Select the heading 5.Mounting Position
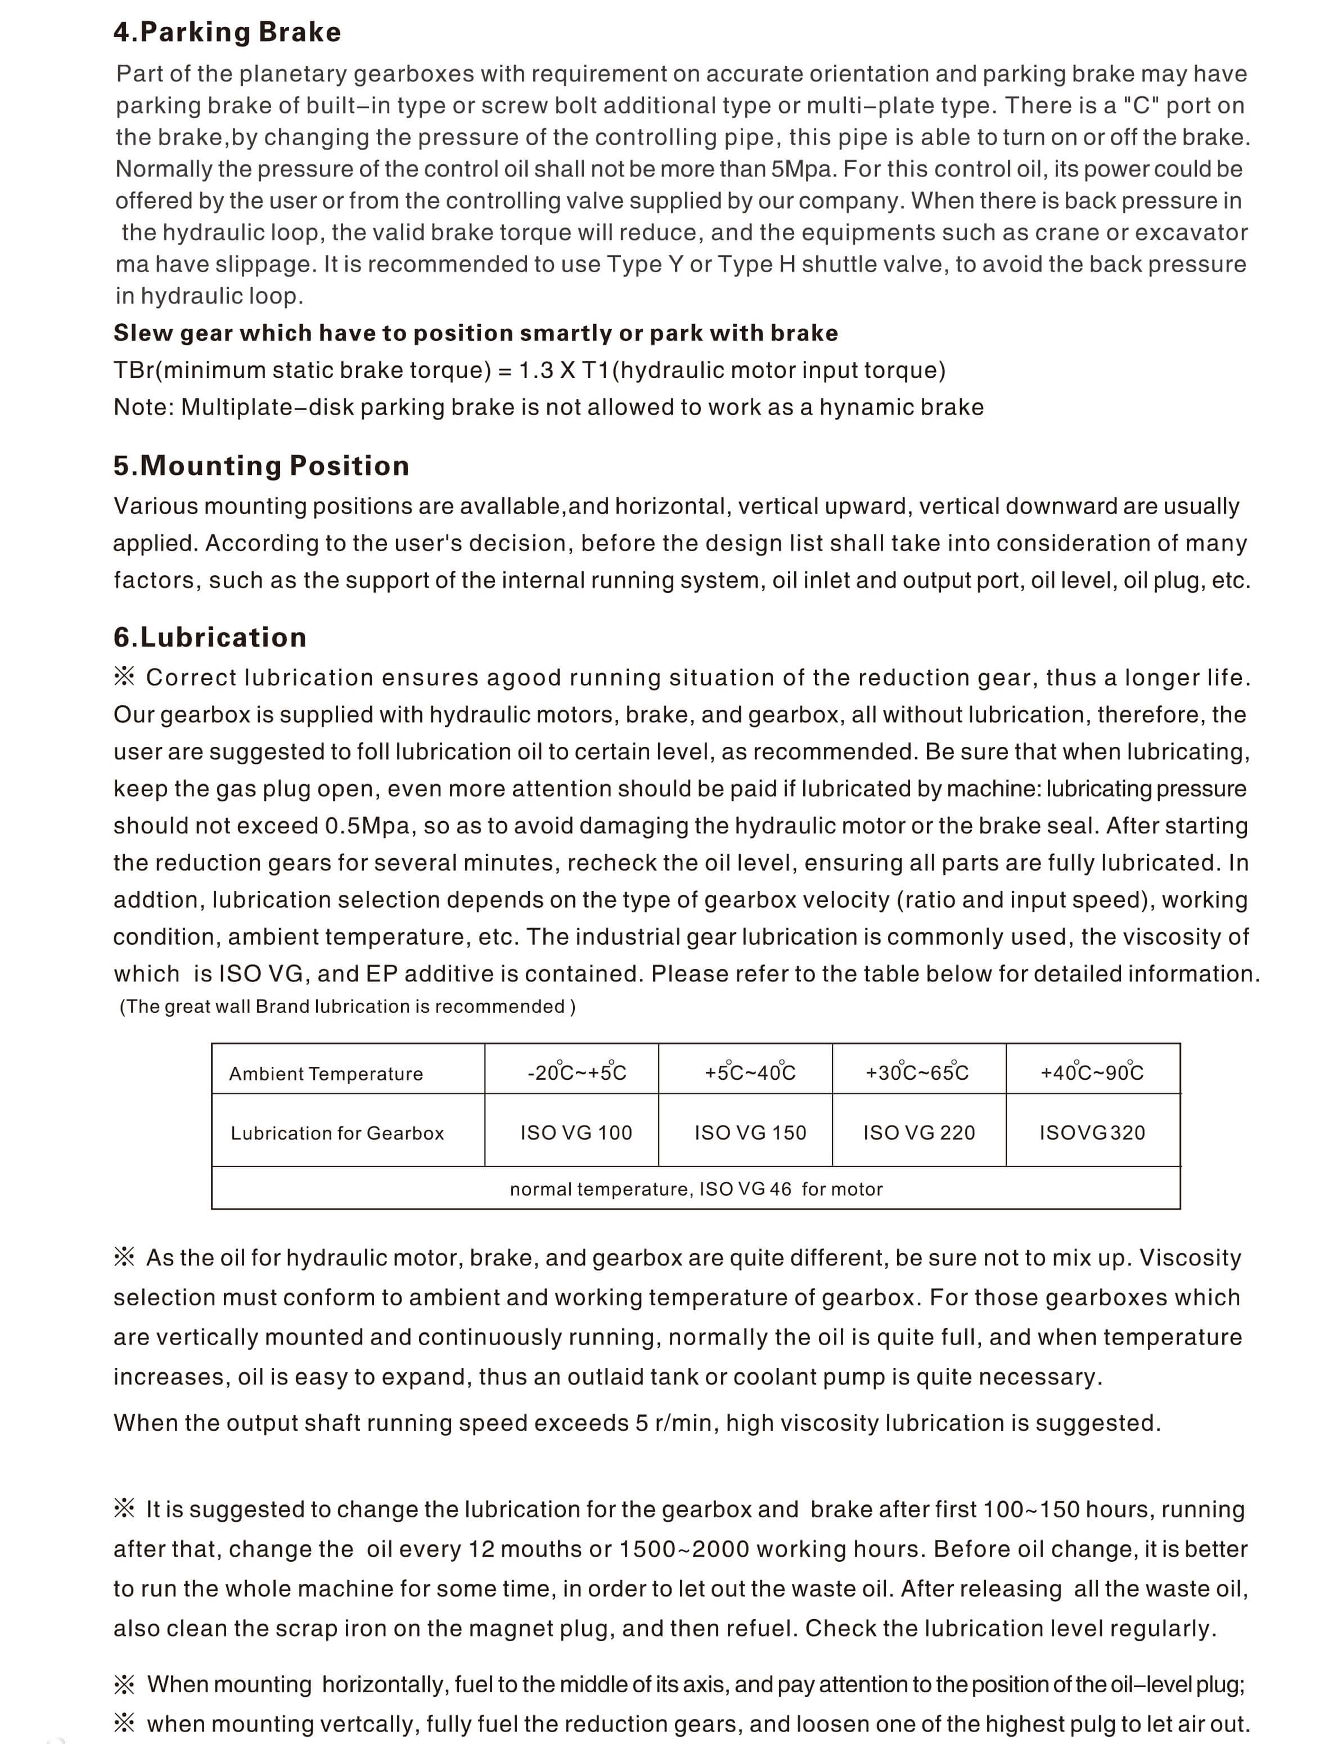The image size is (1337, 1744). point(261,466)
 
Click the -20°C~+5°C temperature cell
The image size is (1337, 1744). point(576,1072)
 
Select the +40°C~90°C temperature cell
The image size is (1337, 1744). point(1092,1072)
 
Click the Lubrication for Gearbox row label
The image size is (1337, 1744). point(337,1133)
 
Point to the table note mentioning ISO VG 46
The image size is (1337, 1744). point(696,1189)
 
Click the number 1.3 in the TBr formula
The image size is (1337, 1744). point(537,371)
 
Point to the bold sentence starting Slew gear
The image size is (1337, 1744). point(475,332)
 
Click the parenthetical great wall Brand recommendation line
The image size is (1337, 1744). point(347,1007)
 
